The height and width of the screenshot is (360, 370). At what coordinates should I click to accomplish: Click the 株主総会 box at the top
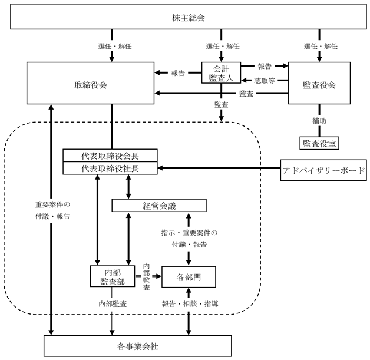click(x=189, y=16)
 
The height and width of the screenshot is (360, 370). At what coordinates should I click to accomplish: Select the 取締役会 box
click(x=90, y=83)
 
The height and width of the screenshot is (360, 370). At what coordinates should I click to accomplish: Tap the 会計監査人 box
click(x=221, y=72)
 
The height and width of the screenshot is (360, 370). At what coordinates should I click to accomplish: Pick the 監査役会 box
click(x=319, y=83)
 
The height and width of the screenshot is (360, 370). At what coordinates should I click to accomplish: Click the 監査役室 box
click(x=319, y=143)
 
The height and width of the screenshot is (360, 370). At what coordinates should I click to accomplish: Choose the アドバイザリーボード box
click(x=323, y=170)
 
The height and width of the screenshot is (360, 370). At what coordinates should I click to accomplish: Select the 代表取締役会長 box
click(x=110, y=156)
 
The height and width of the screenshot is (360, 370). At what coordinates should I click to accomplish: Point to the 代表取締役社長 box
click(x=110, y=168)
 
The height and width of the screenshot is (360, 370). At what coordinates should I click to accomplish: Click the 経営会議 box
click(x=159, y=206)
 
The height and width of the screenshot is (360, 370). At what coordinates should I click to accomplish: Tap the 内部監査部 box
click(x=113, y=276)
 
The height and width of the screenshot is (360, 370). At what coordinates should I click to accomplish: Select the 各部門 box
click(x=189, y=277)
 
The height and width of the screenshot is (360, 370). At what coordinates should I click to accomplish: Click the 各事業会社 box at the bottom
click(x=137, y=346)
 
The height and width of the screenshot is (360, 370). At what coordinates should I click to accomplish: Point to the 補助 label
click(x=319, y=121)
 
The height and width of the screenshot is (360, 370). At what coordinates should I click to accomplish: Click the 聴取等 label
click(x=265, y=81)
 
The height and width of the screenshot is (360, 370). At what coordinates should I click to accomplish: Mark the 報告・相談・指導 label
click(x=190, y=303)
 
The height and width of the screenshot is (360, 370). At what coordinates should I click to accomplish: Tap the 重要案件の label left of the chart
click(x=52, y=204)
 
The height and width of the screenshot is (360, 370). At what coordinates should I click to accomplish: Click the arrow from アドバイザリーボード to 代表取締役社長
click(x=219, y=168)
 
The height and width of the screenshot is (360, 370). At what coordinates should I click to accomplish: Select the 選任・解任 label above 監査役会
click(x=321, y=46)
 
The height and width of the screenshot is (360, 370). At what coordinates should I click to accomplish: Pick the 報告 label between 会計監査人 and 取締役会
click(x=178, y=73)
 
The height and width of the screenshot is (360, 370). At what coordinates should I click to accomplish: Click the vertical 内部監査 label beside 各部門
click(x=146, y=277)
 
